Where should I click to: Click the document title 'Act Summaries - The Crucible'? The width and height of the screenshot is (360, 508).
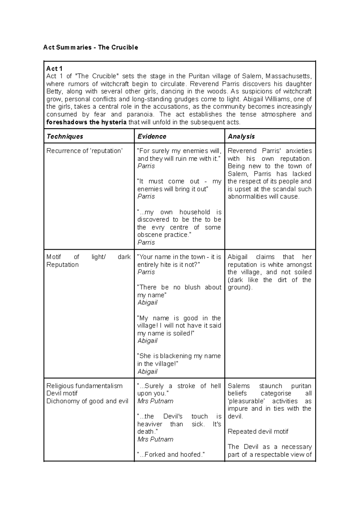click(x=91, y=47)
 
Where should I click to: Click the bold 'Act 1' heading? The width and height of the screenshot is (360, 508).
click(x=54, y=69)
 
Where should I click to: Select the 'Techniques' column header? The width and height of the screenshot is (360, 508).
click(x=64, y=136)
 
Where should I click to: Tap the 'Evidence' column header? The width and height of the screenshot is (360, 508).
click(x=151, y=136)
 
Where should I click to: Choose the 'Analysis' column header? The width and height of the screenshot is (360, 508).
click(x=241, y=136)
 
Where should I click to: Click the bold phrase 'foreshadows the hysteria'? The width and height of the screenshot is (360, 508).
click(x=86, y=122)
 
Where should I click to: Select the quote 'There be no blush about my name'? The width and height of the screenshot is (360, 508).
click(x=179, y=291)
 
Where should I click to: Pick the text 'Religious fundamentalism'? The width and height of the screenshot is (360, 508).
click(x=84, y=386)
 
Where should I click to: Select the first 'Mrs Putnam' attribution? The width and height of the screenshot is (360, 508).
click(x=155, y=401)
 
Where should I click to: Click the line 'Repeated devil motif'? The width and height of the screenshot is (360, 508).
click(x=258, y=432)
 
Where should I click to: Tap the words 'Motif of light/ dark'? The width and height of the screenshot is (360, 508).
click(x=88, y=257)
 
